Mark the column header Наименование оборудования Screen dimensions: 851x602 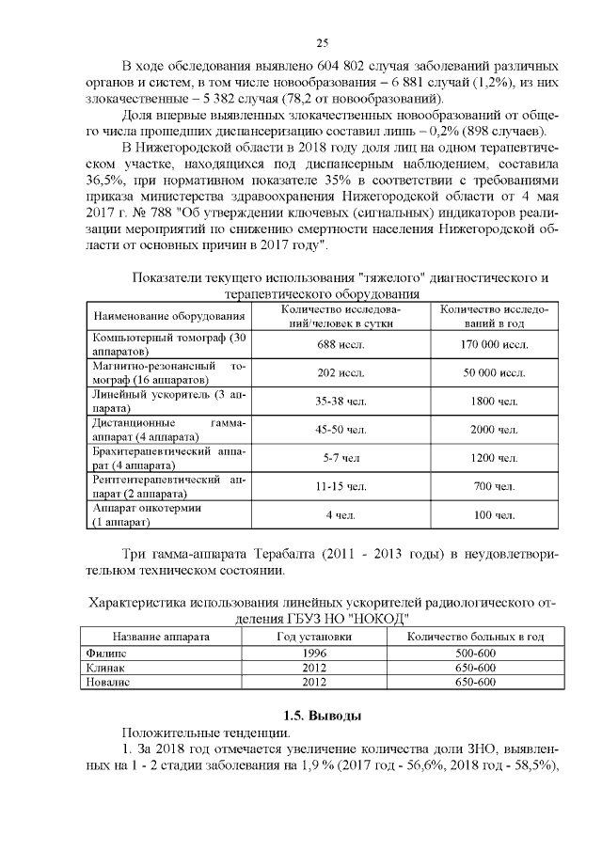click(x=169, y=316)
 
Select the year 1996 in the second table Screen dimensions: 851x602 click(x=314, y=652)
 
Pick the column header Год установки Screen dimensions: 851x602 click(x=314, y=637)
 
